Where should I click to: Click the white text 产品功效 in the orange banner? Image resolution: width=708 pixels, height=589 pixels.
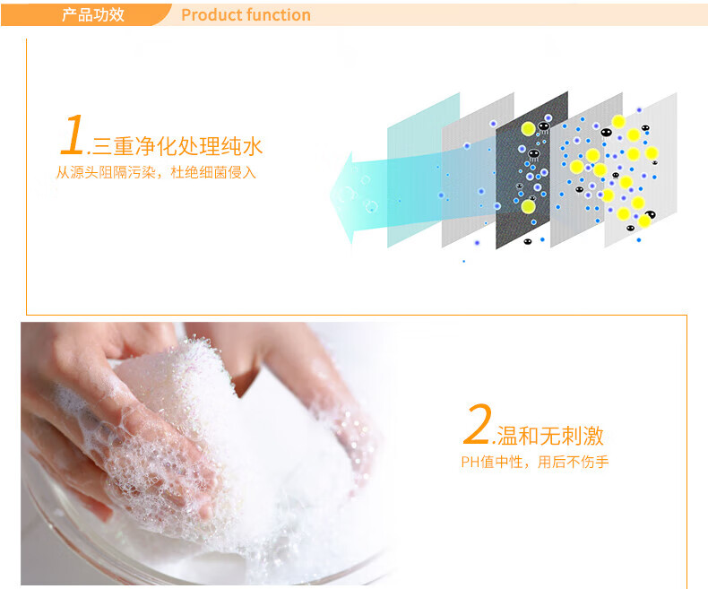tap(93, 15)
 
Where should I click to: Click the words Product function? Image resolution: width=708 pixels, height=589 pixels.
tap(246, 15)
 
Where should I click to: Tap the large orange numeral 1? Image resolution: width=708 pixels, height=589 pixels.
tap(73, 134)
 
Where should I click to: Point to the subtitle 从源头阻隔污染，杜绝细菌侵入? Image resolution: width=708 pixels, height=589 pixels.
tap(156, 172)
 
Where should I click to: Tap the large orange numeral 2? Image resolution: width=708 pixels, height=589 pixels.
tap(478, 424)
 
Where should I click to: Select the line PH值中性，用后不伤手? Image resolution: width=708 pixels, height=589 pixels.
tap(535, 462)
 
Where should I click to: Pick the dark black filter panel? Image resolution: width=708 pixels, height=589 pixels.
tap(532, 170)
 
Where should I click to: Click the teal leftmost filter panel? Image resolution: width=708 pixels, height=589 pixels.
tap(423, 170)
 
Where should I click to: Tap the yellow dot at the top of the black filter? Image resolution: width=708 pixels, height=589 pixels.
tap(528, 129)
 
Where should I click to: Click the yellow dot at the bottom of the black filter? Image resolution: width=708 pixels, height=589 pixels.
tap(528, 207)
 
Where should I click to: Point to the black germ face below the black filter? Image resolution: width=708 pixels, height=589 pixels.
tap(527, 241)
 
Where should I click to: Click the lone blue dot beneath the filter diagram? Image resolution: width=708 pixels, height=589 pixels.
tap(463, 261)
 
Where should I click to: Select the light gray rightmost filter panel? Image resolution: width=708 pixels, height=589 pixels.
tap(641, 170)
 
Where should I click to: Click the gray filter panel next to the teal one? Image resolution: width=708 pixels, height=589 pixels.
tap(478, 170)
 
